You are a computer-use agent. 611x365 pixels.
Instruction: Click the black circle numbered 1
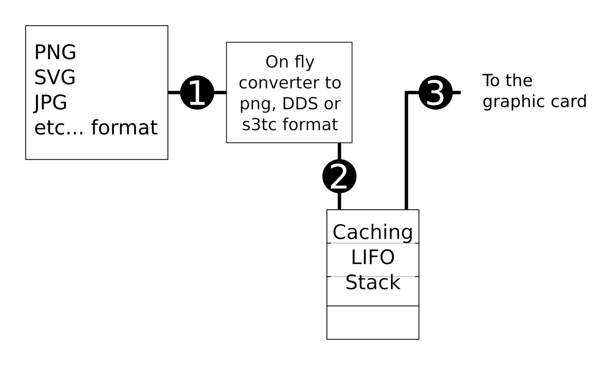197,92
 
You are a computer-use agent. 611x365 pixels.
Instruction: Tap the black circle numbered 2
339,176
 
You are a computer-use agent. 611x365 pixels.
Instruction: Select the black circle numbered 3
435,92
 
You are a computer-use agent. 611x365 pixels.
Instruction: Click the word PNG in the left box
55,52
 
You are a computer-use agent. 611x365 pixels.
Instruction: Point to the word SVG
55,77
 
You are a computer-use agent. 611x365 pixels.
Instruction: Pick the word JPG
50,103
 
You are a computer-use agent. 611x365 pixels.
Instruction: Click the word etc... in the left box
59,128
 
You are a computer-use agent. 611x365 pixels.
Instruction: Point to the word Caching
373,233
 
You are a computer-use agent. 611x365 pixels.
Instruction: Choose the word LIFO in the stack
373,257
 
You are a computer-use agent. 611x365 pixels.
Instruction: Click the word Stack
373,282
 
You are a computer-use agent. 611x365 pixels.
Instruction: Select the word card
574,101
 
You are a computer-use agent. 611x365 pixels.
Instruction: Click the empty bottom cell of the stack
373,323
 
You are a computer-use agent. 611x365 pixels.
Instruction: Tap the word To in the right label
491,81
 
